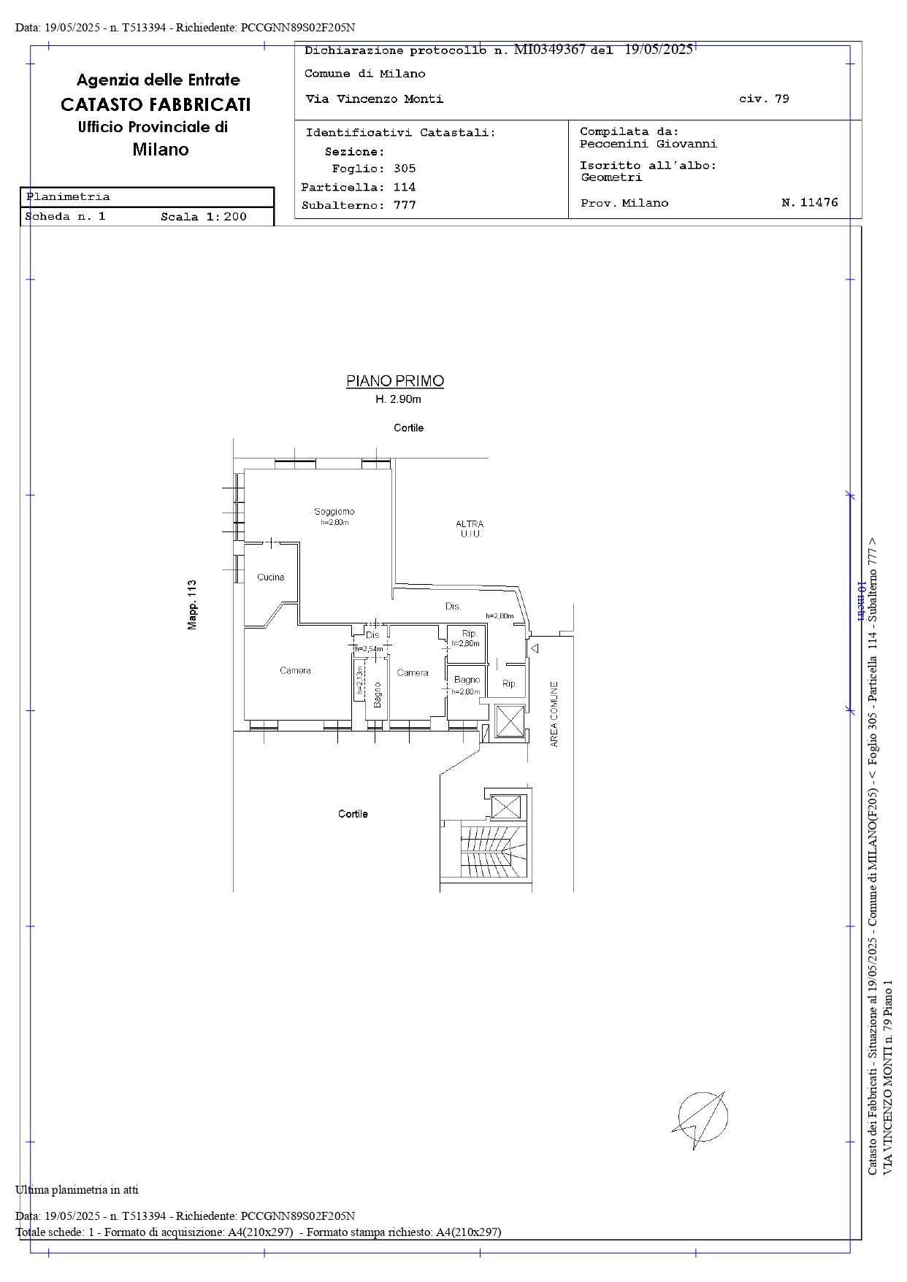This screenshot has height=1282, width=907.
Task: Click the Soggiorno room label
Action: (x=334, y=511)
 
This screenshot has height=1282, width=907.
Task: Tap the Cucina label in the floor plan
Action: (x=271, y=577)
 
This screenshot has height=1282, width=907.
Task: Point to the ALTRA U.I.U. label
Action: (x=470, y=529)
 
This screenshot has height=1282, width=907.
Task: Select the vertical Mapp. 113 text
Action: (x=192, y=605)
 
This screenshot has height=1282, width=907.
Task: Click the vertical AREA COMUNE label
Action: (x=554, y=714)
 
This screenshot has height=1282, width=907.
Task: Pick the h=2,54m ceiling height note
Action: (x=369, y=649)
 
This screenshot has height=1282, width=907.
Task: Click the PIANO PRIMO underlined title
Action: (x=395, y=381)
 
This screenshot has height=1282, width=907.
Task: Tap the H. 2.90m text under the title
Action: (x=398, y=399)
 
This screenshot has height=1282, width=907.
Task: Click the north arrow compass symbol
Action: (x=700, y=1118)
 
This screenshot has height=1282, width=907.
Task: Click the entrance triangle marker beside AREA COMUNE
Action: (x=535, y=648)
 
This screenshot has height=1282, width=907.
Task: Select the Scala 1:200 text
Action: (x=204, y=217)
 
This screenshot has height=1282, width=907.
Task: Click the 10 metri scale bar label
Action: (x=860, y=601)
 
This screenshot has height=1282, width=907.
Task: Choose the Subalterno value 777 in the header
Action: (x=405, y=205)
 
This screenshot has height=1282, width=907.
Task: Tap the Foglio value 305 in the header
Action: (x=405, y=169)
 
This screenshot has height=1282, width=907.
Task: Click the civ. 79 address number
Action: (x=764, y=99)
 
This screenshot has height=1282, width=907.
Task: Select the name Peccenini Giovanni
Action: (x=648, y=144)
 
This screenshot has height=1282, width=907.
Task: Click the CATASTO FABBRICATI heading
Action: (x=156, y=104)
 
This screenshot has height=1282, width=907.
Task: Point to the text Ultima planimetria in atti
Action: (x=77, y=1190)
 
